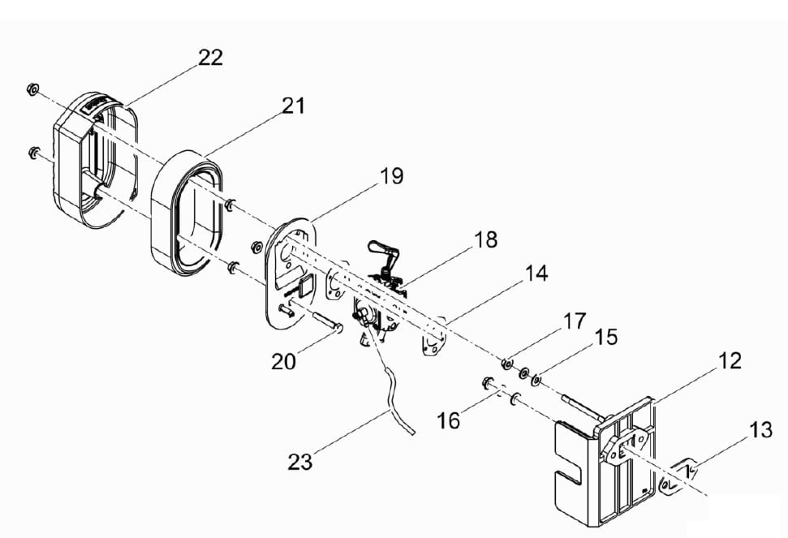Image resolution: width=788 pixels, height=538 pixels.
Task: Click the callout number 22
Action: [210, 58]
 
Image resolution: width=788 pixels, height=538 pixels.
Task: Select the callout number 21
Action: [293, 106]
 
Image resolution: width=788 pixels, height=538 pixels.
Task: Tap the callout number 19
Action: [391, 176]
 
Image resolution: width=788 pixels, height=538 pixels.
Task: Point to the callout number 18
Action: [485, 239]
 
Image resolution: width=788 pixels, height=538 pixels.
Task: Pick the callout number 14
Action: [536, 273]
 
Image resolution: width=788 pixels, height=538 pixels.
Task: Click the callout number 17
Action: [575, 321]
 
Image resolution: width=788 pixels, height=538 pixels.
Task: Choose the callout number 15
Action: [605, 338]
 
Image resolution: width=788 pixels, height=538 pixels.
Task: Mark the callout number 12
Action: [730, 361]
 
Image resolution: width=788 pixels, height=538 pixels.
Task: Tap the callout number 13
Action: [760, 430]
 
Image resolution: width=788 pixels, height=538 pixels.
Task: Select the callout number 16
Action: [448, 421]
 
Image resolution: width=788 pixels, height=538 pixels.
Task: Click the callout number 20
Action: [283, 362]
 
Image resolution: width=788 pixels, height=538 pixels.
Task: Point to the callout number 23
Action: [300, 462]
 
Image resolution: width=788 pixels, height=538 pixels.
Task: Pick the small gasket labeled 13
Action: [678, 477]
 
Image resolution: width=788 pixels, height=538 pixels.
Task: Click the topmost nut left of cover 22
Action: [32, 89]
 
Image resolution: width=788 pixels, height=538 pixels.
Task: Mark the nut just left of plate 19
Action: [256, 247]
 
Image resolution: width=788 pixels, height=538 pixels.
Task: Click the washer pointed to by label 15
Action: [536, 381]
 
